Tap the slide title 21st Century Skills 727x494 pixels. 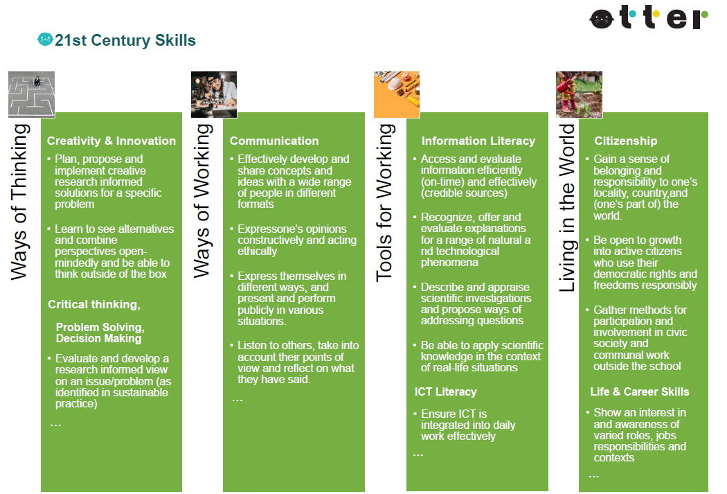tap(125, 40)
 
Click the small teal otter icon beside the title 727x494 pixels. tap(45, 39)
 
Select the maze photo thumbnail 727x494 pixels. tap(32, 94)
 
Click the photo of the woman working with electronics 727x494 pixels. tap(214, 94)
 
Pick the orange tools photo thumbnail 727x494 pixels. tap(397, 94)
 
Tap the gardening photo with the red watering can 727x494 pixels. tap(579, 94)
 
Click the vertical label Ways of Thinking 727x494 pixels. tap(19, 202)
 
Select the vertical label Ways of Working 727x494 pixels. tap(201, 201)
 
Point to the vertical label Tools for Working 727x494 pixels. tap(385, 203)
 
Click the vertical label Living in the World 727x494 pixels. tap(566, 208)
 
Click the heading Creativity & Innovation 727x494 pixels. tap(111, 141)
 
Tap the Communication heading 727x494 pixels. tap(274, 141)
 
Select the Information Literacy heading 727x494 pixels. tap(478, 141)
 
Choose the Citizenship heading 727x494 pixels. tap(625, 141)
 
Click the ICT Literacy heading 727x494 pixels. tap(445, 392)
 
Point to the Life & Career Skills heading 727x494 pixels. tap(639, 392)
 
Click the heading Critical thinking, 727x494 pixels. tap(94, 305)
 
